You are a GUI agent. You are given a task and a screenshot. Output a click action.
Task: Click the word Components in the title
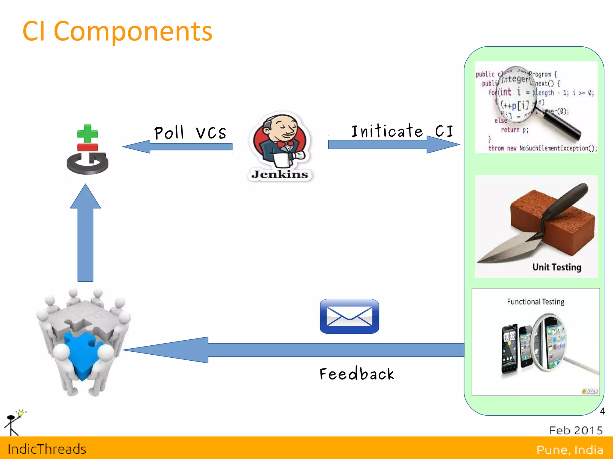click(133, 31)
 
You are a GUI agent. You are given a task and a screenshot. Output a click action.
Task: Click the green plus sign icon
click(87, 133)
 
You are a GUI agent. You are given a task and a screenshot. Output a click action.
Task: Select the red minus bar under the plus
click(87, 147)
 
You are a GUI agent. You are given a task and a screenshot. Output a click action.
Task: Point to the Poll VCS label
click(190, 133)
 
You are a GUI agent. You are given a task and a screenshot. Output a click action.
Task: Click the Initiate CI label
click(402, 131)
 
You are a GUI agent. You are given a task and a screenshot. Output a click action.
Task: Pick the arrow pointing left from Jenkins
click(177, 147)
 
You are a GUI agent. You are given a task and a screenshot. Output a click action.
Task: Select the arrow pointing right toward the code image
click(394, 144)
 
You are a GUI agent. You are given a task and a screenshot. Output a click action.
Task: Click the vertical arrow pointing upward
click(86, 233)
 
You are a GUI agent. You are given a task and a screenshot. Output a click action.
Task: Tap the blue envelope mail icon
click(349, 316)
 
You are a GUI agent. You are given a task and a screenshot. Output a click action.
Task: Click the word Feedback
click(357, 374)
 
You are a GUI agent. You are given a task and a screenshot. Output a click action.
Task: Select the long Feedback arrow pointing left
click(293, 350)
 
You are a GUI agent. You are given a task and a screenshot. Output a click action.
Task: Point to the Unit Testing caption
click(557, 267)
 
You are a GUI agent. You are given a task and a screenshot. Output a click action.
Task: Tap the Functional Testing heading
click(535, 302)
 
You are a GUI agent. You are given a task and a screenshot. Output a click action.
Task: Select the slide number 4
click(603, 411)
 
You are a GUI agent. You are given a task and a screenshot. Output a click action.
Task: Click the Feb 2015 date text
click(576, 430)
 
